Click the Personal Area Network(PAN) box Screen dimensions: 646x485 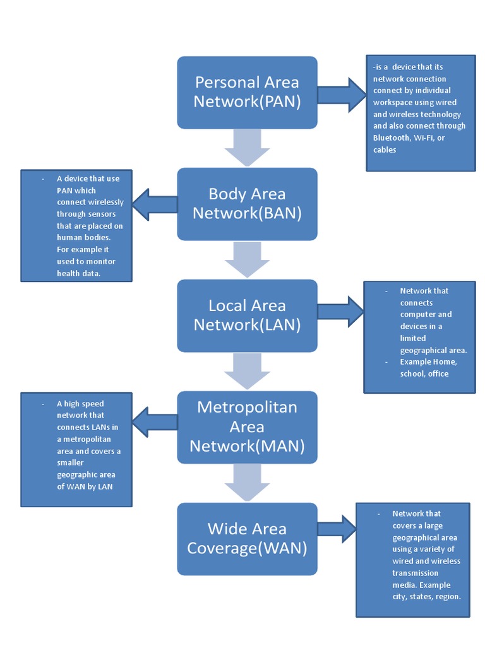[247, 92]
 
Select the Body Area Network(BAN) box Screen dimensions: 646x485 [247, 204]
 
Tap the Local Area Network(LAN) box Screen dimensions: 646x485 [247, 315]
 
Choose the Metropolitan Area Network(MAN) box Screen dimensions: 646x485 [247, 427]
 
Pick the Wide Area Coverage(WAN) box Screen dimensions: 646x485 [247, 539]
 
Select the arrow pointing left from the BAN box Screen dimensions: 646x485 [155, 204]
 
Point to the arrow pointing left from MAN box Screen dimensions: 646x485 [155, 422]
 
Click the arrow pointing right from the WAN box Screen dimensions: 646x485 [337, 529]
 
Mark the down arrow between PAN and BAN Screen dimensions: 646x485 [247, 148]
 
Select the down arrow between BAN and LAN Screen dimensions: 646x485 [247, 259]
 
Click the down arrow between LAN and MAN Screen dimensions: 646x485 [247, 371]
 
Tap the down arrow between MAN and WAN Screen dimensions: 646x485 [247, 483]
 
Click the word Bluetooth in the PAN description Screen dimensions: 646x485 [391, 138]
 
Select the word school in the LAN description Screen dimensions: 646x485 [411, 373]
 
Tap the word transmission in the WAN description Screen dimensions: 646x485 [415, 573]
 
